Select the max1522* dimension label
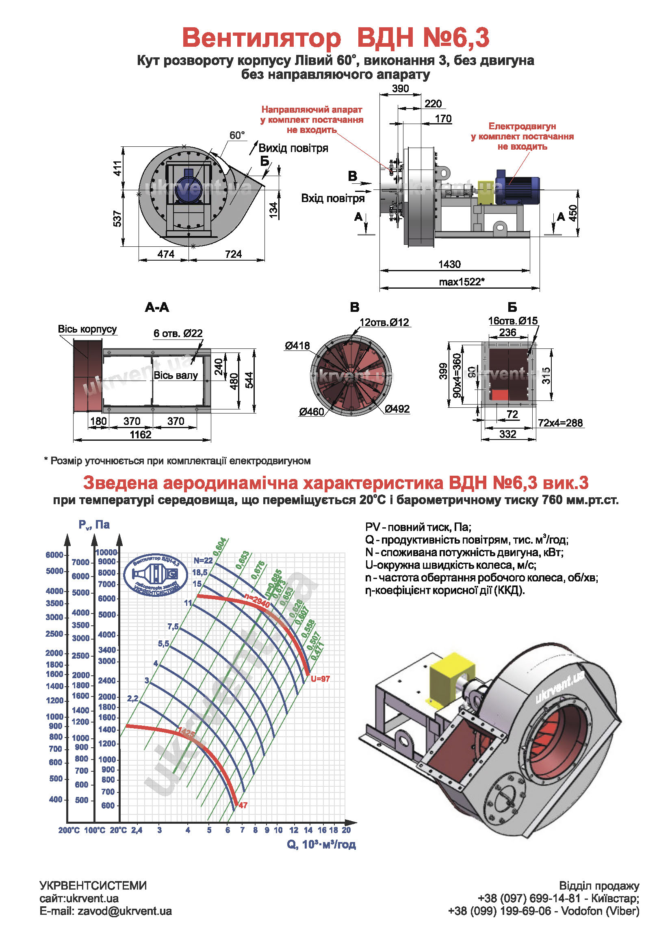pos(462,282)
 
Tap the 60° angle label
pos(237,135)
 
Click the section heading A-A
pos(157,307)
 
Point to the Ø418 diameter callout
pos(297,345)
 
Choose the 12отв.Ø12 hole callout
pos(384,322)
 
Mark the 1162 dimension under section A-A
pos(141,435)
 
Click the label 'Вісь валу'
pos(176,375)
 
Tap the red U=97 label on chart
pos(320,679)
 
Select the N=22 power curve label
pos(203,560)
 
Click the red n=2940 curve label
pos(257,601)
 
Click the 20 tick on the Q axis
pos(346,830)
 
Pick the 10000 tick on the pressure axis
pos(106,552)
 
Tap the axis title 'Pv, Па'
pos(94,524)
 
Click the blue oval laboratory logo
pos(156,575)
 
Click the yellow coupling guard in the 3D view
pos(451,673)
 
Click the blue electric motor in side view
pos(517,187)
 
